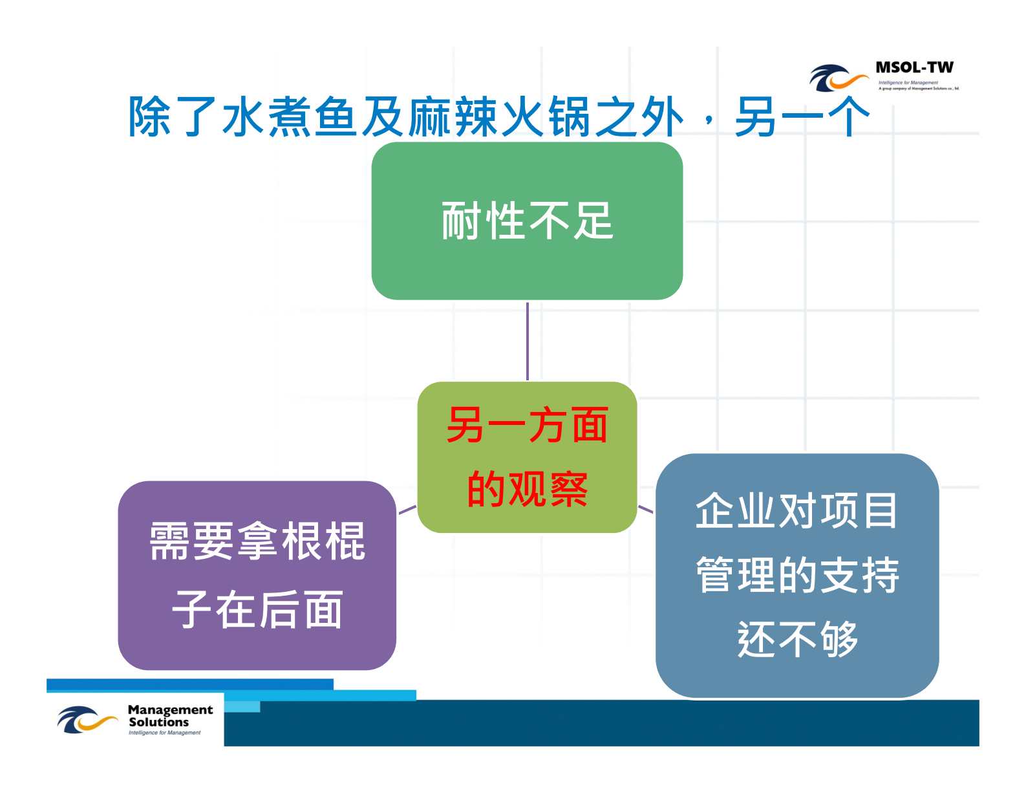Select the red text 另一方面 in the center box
(527, 426)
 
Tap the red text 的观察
(527, 489)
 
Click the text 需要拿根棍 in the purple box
(257, 541)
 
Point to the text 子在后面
(257, 609)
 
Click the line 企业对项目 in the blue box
(796, 510)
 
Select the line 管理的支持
(796, 574)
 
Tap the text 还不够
(796, 639)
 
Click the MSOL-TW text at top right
(914, 67)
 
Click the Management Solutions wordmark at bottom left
(169, 716)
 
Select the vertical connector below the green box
(528, 341)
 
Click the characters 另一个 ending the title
(802, 117)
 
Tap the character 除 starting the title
(150, 117)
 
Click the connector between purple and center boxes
(407, 510)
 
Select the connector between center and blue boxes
(646, 509)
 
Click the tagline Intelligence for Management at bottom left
(164, 733)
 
